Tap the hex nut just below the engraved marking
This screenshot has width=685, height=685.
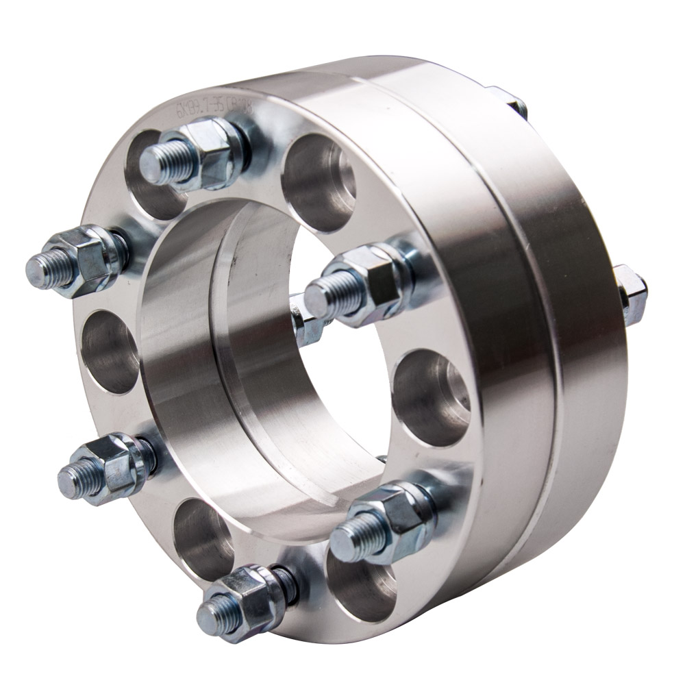click(218, 153)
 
